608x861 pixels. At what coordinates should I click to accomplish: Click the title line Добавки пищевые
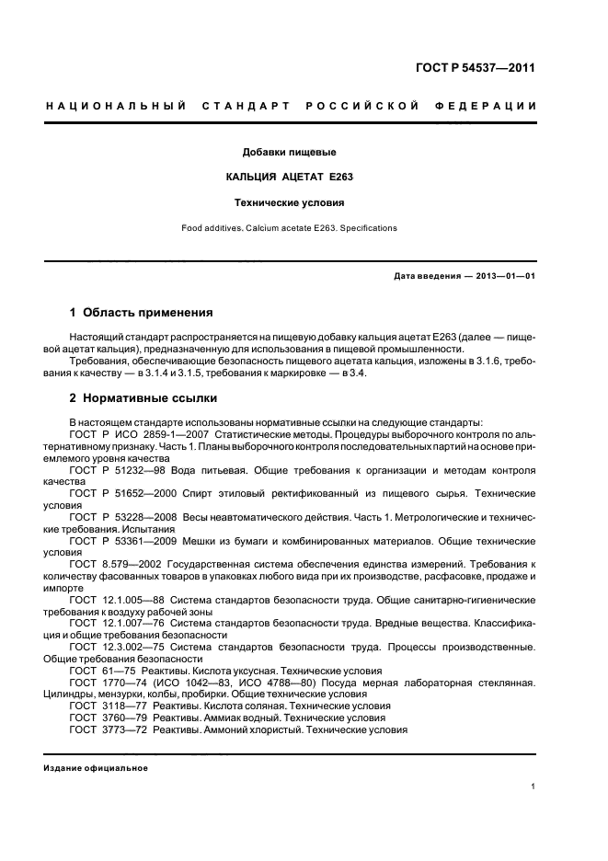289,152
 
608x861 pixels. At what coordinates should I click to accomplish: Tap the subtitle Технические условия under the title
289,201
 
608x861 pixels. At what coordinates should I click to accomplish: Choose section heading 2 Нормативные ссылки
143,398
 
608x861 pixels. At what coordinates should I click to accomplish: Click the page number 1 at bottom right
533,786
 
